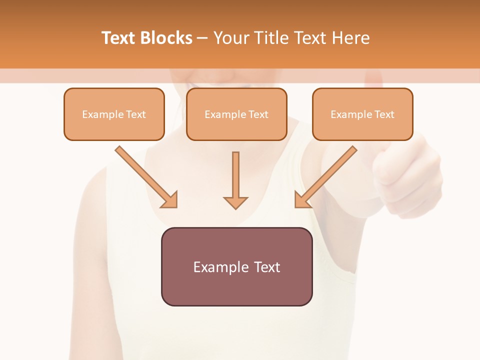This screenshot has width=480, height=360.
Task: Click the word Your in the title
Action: point(230,38)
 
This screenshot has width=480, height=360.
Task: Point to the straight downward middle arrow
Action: point(235,175)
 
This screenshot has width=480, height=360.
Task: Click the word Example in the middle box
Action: point(225,114)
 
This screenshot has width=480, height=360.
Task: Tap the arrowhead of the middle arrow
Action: point(235,202)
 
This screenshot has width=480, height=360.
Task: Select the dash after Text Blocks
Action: point(202,38)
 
